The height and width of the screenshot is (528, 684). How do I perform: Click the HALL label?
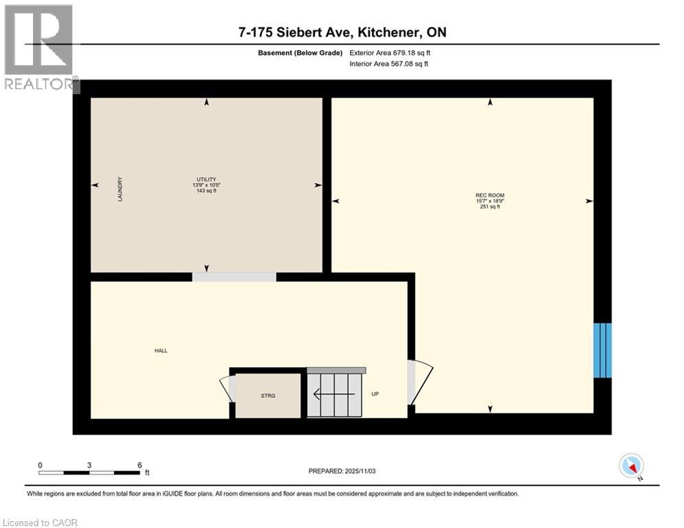coord(161,351)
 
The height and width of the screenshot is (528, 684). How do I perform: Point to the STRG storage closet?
coord(268,395)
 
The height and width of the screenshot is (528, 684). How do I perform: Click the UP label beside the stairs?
coord(375,394)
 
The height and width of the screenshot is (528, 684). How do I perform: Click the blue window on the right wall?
coord(602,350)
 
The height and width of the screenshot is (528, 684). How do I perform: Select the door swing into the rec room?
coord(420,382)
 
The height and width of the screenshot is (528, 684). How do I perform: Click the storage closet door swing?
coord(228,388)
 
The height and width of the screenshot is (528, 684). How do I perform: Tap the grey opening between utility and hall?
coord(234,276)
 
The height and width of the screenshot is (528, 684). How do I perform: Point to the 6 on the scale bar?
coord(140,465)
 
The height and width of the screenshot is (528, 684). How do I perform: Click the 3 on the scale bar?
coord(89,465)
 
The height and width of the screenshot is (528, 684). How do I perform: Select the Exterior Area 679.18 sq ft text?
coord(390,52)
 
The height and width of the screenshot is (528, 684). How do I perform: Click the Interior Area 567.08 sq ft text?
coord(390,64)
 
